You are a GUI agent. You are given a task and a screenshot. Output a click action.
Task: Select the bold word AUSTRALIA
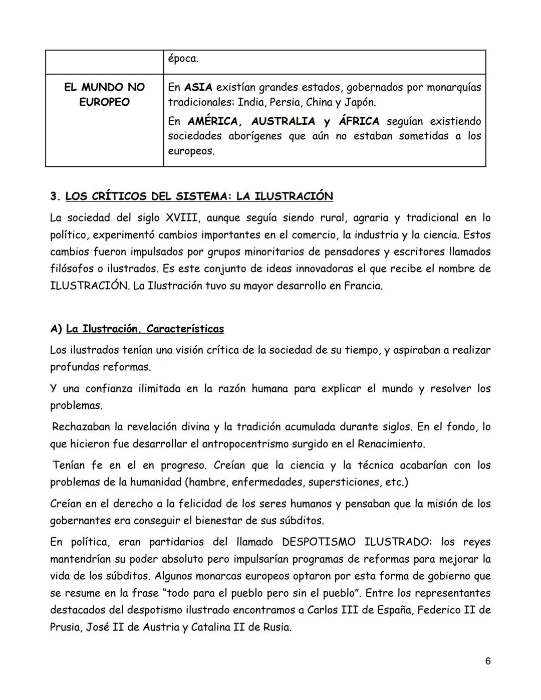pos(283,121)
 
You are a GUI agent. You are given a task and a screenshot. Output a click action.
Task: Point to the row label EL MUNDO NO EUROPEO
pos(104,95)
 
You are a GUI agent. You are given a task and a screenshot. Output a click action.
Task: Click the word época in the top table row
pos(183,59)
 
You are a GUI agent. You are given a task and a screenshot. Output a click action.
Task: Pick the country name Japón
pos(360,102)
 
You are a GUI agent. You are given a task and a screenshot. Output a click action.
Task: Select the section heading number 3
pos(55,196)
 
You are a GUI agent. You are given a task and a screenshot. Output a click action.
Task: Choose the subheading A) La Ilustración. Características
pos(137,329)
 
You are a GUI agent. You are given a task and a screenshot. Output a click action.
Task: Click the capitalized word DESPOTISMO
pos(319,542)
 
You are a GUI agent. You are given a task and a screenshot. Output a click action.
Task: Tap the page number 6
pos(487,661)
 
